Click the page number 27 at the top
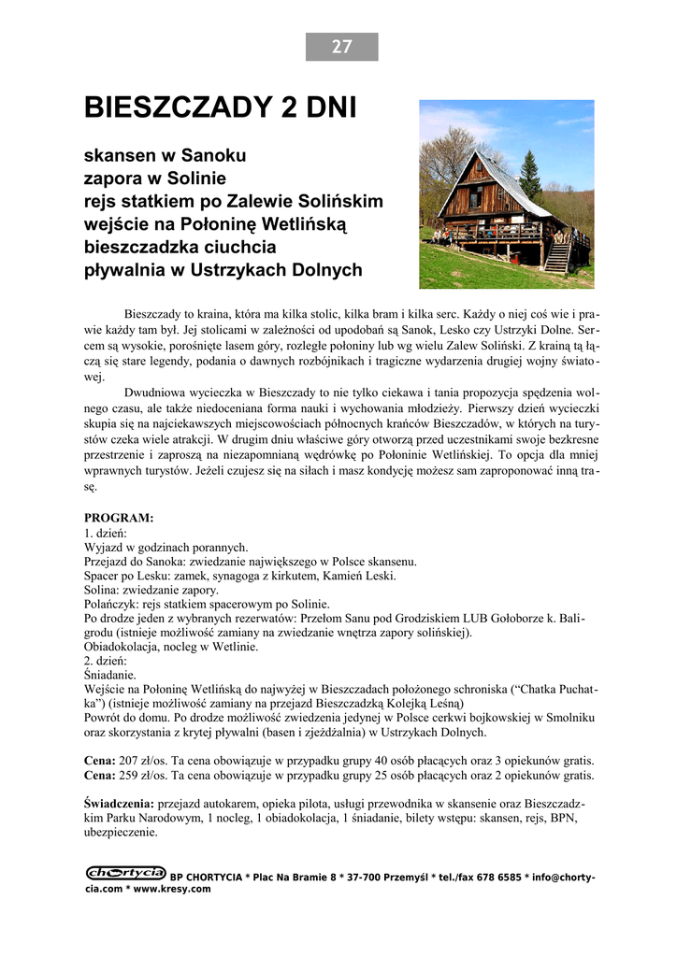point(341,47)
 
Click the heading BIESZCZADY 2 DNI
point(221,107)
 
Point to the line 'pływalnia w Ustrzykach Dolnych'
point(223,271)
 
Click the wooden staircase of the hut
point(557,254)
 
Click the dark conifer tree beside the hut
point(530,175)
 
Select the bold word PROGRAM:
point(119,518)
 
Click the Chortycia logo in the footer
point(125,873)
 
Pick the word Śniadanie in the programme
point(110,674)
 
